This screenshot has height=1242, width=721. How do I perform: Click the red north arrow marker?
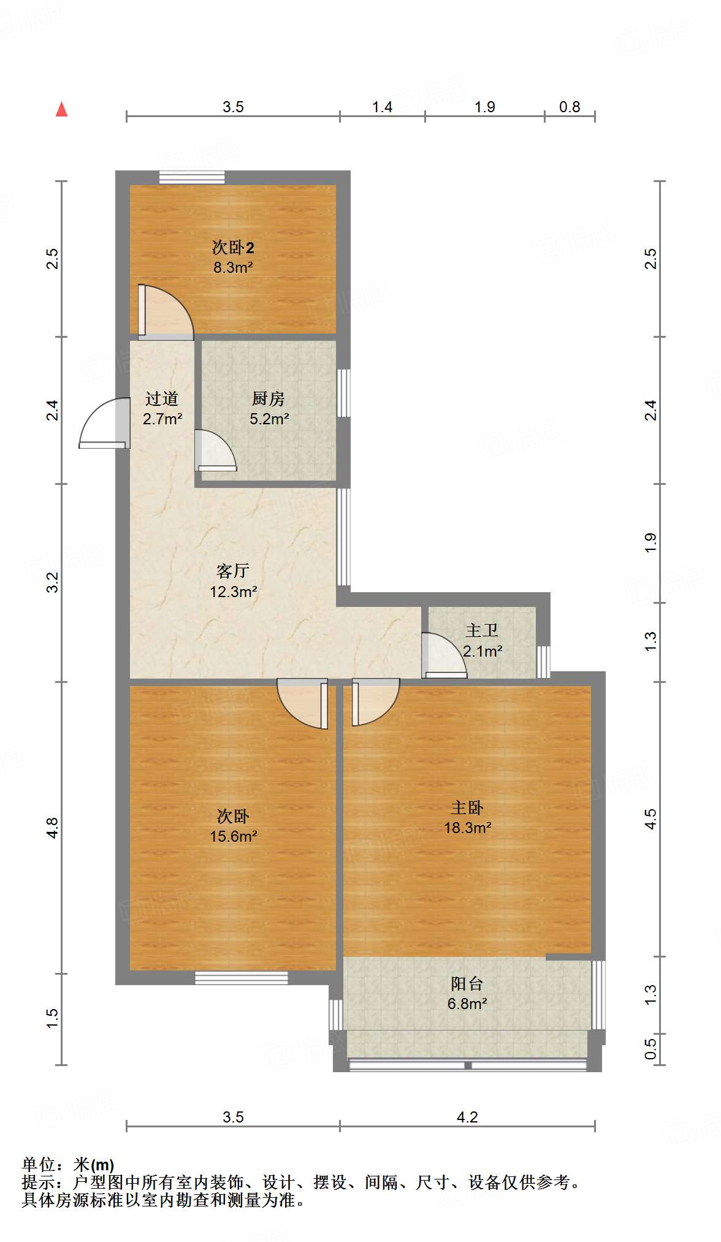(61, 109)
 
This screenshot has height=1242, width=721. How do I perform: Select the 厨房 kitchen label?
(269, 399)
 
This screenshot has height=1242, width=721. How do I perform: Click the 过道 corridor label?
(162, 399)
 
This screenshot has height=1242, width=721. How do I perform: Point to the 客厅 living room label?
(233, 571)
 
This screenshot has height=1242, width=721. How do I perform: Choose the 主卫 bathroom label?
(482, 630)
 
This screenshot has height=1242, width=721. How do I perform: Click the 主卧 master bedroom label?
(467, 808)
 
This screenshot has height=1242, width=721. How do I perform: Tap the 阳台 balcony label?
(467, 984)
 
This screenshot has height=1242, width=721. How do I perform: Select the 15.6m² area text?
(233, 836)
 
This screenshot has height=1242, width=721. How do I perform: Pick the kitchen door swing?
(215, 451)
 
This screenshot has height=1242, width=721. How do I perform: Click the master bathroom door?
(443, 656)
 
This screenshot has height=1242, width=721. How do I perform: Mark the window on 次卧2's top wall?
(192, 177)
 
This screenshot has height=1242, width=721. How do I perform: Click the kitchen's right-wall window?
(344, 393)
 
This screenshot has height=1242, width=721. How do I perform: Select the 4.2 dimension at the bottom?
(467, 1117)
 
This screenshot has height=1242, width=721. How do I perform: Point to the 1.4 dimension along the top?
(382, 107)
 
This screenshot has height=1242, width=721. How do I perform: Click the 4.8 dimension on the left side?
(53, 828)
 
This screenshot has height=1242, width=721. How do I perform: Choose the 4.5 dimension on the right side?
(650, 819)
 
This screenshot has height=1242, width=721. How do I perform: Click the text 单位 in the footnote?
(38, 1164)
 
